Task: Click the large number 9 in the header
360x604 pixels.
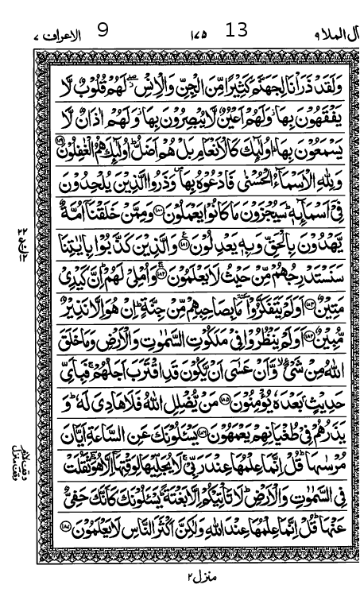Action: tap(103, 32)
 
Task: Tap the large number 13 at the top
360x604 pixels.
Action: tap(237, 31)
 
